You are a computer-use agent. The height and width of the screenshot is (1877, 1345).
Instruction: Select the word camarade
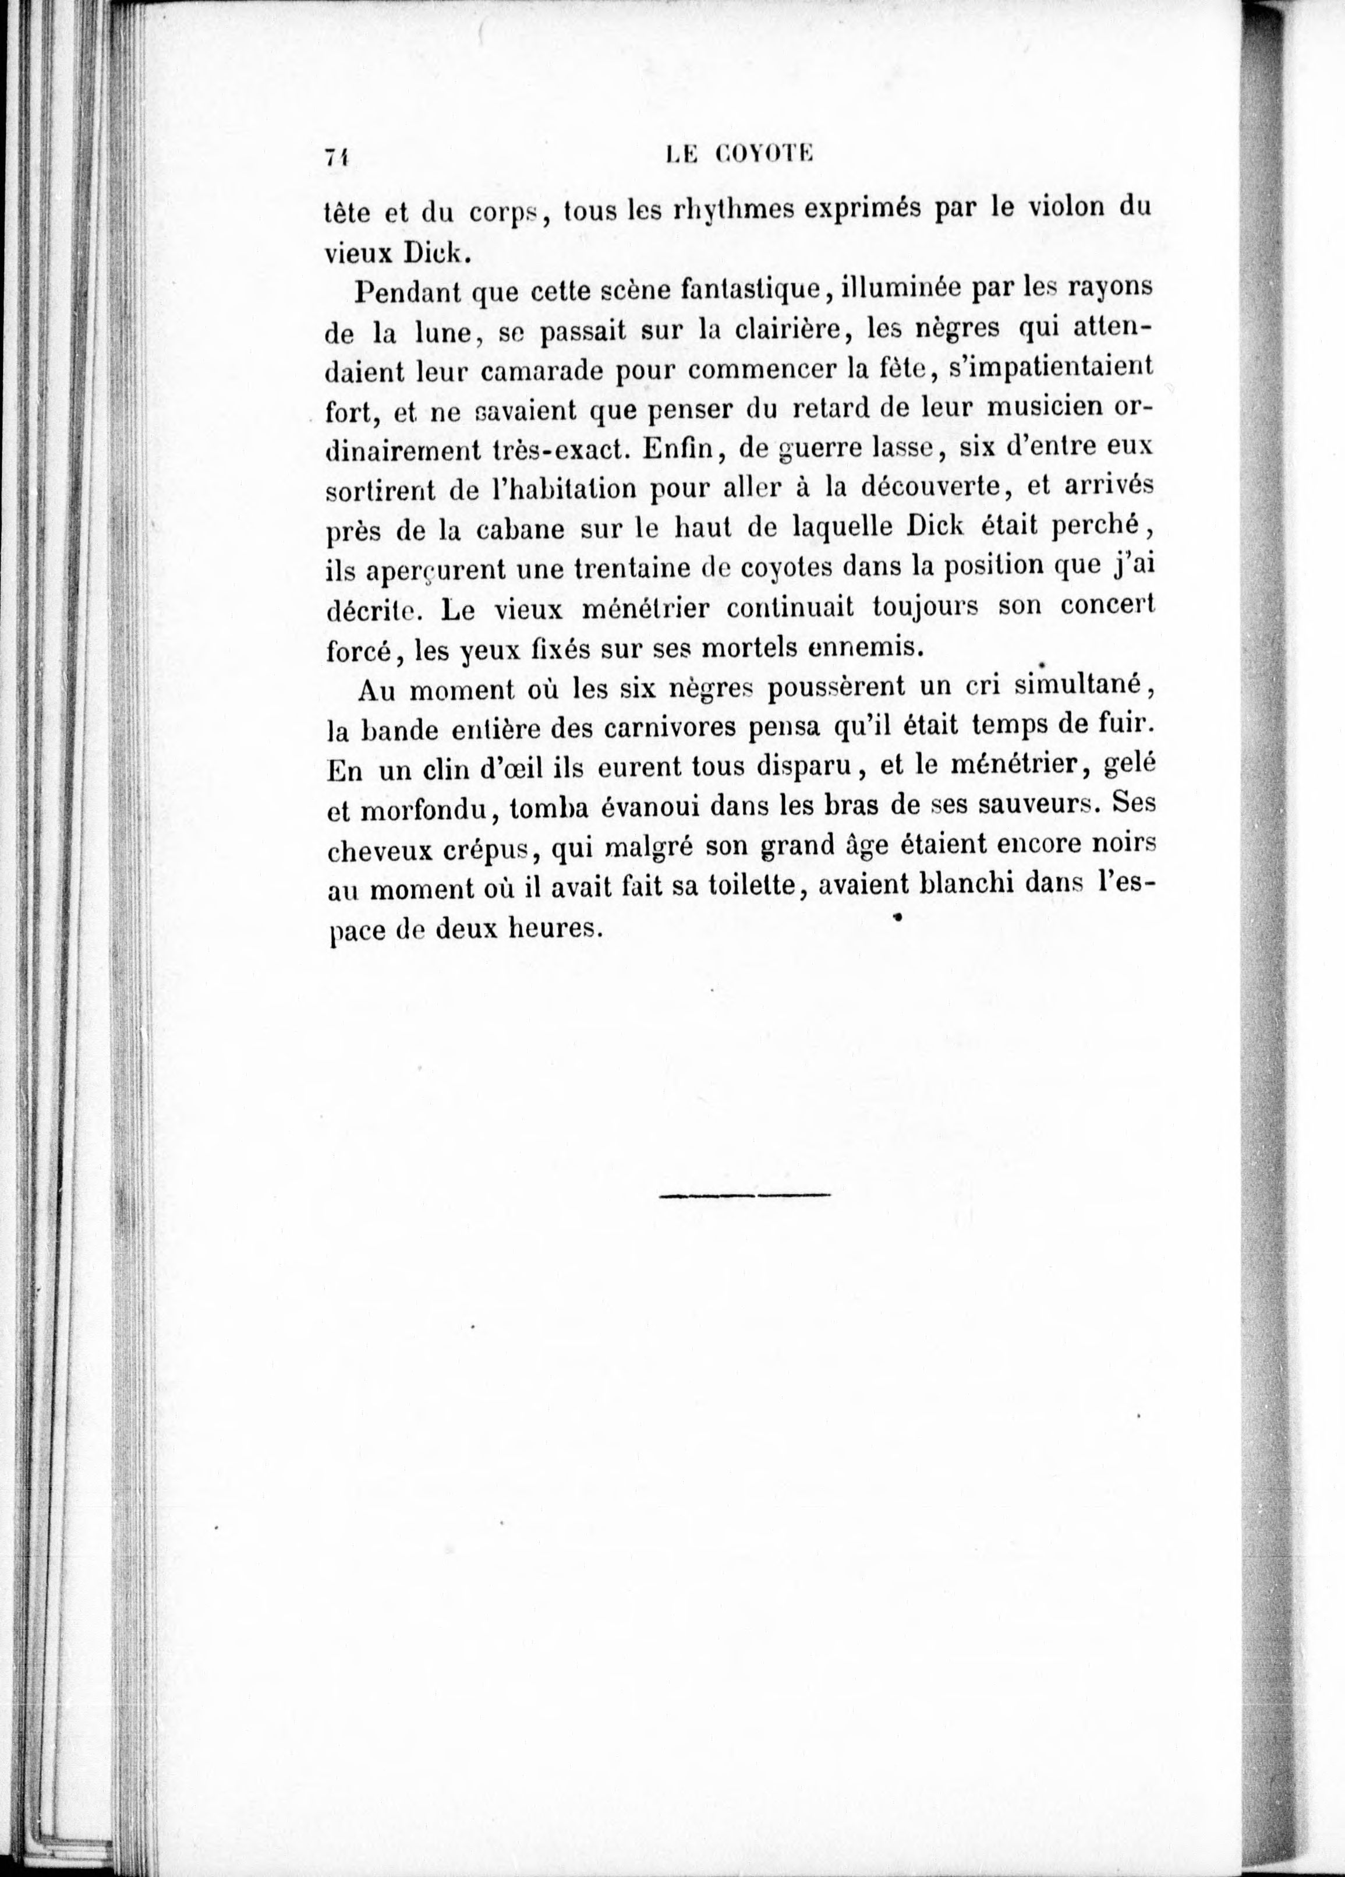[x=542, y=372]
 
